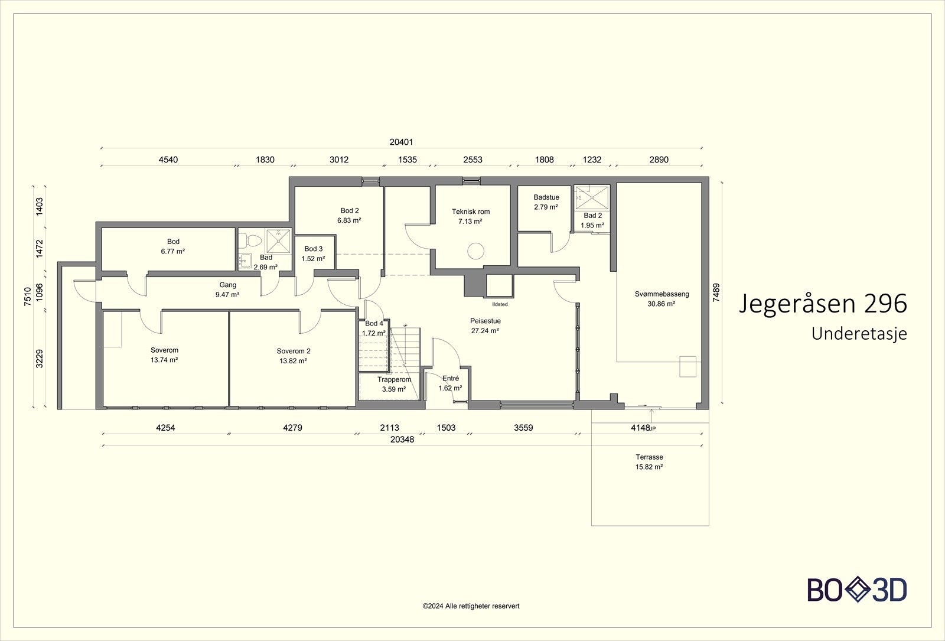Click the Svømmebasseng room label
tap(661, 294)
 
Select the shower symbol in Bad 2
tap(592, 197)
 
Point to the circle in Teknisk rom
tap(475, 251)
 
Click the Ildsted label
tap(500, 304)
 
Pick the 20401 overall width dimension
tap(401, 142)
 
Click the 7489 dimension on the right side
tap(716, 292)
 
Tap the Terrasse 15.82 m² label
tap(649, 462)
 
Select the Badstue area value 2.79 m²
tap(546, 207)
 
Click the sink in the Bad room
tap(245, 261)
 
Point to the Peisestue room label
tap(485, 321)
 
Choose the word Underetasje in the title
tap(859, 334)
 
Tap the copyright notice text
tap(471, 606)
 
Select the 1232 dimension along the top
tap(592, 160)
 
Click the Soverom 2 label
tap(294, 351)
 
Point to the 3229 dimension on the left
tap(39, 359)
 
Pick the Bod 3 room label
tap(314, 249)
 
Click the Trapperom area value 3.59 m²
tap(394, 389)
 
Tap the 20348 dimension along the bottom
tap(402, 440)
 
